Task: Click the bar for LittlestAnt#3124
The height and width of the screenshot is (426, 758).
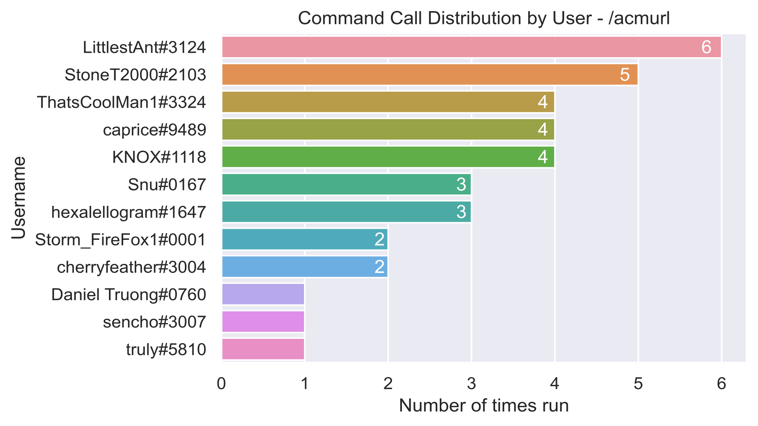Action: point(471,47)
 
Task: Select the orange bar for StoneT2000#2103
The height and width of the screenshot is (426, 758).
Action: point(430,75)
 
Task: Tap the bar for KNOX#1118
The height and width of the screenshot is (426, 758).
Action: point(388,157)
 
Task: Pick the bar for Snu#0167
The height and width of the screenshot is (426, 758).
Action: point(346,184)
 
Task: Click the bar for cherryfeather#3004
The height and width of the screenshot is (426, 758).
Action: point(304,267)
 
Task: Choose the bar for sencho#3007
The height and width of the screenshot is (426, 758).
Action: point(263,321)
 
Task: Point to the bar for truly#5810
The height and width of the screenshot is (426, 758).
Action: point(263,349)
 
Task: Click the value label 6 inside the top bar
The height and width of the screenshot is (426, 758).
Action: point(706,47)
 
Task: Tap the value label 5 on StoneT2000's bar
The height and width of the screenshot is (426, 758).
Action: point(625,75)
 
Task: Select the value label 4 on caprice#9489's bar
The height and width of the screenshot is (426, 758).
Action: point(542,129)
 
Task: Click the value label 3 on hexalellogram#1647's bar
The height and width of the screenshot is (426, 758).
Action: point(461,212)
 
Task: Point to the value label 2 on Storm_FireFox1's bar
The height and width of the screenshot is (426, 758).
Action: point(379,239)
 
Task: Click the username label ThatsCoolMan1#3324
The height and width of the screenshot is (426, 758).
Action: point(122,102)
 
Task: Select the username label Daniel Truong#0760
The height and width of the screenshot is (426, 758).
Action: point(129,295)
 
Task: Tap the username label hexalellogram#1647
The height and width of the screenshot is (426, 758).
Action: point(129,212)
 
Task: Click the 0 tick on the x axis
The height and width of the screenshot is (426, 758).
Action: point(221,384)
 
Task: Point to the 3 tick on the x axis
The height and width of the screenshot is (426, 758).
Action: point(471,384)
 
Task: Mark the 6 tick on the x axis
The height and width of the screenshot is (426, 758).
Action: point(721,384)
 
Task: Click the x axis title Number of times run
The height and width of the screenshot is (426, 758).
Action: point(484,405)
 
